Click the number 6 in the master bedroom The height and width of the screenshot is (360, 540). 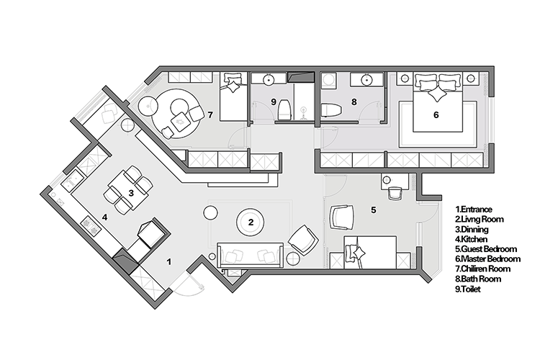pyautogui.click(x=436, y=114)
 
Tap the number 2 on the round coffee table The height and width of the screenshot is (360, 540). pyautogui.click(x=251, y=222)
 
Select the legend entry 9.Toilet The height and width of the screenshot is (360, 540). pyautogui.click(x=468, y=289)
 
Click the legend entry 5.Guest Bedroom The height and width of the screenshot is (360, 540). pyautogui.click(x=486, y=249)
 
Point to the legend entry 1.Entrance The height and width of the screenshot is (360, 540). pyautogui.click(x=474, y=209)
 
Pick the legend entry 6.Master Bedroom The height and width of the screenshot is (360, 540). pyautogui.click(x=487, y=259)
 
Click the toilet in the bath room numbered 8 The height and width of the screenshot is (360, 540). pyautogui.click(x=331, y=110)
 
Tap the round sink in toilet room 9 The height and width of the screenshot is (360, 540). pyautogui.click(x=269, y=80)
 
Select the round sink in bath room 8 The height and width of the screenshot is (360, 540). pyautogui.click(x=367, y=80)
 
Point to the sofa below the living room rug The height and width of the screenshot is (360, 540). pyautogui.click(x=251, y=255)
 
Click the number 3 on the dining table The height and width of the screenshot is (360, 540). pyautogui.click(x=131, y=193)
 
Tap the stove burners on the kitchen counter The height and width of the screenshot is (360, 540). pyautogui.click(x=91, y=225)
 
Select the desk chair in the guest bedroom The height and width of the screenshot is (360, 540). pyautogui.click(x=395, y=193)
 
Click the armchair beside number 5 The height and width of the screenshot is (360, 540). pyautogui.click(x=341, y=217)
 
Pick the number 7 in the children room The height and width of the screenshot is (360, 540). pyautogui.click(x=210, y=114)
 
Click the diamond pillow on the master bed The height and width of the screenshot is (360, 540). pyautogui.click(x=437, y=94)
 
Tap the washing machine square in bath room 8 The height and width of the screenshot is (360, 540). pyautogui.click(x=328, y=80)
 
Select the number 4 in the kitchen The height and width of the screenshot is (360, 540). pyautogui.click(x=104, y=217)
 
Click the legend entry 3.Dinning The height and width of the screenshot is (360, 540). pyautogui.click(x=472, y=229)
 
